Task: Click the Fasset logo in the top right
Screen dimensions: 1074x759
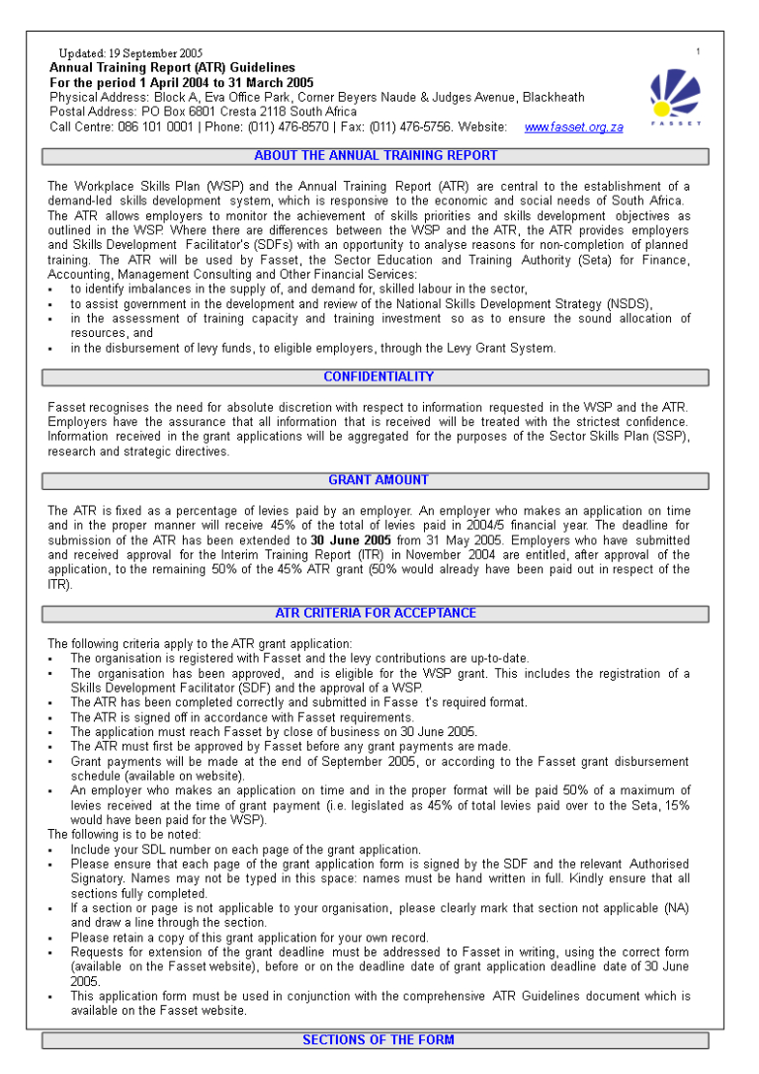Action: coord(675,97)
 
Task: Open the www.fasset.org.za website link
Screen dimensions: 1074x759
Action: coord(573,127)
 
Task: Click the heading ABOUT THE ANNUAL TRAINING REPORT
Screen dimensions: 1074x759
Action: coord(376,156)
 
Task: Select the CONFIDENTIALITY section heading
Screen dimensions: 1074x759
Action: coord(379,377)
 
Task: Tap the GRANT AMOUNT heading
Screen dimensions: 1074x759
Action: coord(379,480)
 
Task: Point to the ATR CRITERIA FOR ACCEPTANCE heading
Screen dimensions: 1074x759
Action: coord(376,614)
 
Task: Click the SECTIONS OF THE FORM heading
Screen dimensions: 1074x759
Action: coord(379,1040)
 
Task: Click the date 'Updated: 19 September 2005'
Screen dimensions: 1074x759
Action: coord(130,53)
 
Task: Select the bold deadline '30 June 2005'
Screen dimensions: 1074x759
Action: coord(351,541)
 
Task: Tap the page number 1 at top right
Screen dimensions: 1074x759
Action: coord(698,51)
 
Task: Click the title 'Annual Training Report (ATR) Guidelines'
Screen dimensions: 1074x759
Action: coord(172,68)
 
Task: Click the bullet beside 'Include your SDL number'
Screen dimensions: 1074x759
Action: coord(50,850)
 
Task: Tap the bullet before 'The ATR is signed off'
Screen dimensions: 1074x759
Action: coord(50,718)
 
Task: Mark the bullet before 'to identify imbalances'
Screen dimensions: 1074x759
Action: coord(50,289)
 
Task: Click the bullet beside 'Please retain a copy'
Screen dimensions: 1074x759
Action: coord(50,939)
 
